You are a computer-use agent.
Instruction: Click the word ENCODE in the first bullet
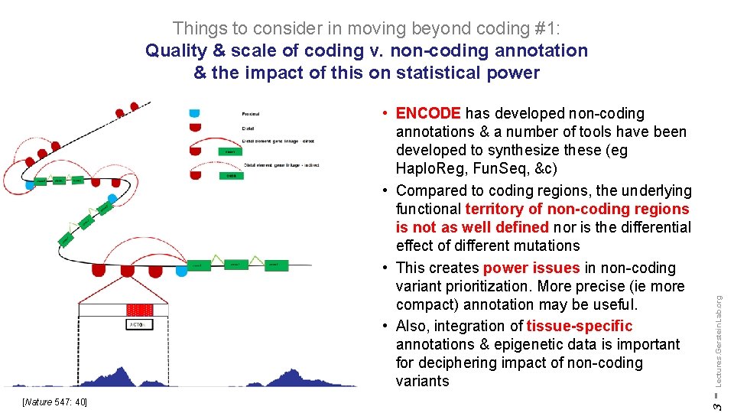[x=428, y=114]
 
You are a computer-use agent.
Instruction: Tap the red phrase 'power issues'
[x=531, y=268]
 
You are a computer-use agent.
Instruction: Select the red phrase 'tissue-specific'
[x=580, y=326]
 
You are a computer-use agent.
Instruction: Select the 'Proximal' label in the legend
[x=251, y=114]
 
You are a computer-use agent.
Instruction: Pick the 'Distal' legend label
[x=248, y=128]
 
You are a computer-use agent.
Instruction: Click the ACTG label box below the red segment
[x=138, y=324]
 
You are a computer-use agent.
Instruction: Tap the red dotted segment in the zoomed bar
[x=138, y=310]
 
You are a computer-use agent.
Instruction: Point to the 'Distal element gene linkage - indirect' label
[x=281, y=165]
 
